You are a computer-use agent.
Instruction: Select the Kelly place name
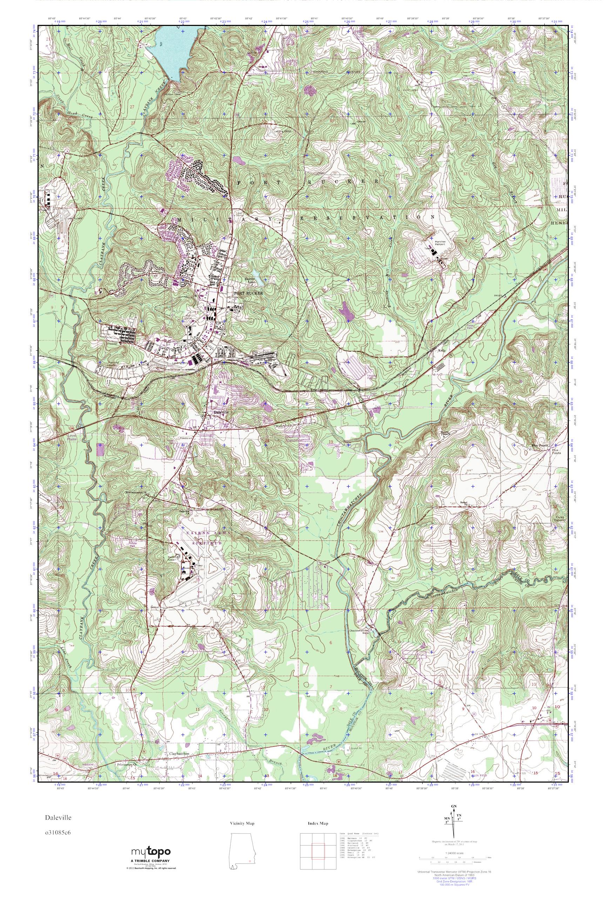point(442,351)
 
